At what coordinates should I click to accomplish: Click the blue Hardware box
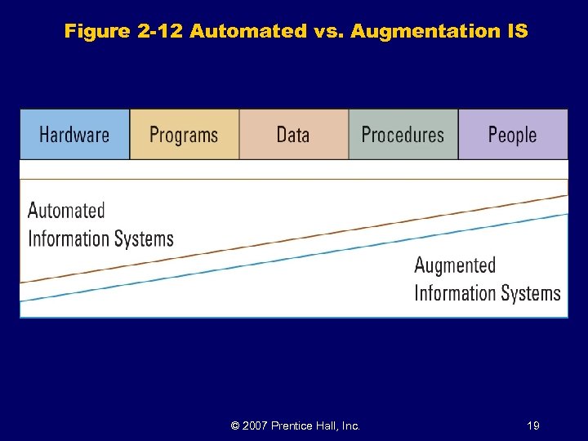pos(75,134)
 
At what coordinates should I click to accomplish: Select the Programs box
pos(185,134)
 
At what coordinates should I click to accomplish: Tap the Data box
pos(293,134)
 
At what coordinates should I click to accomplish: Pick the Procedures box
pos(403,134)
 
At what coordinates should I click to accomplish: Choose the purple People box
pos(512,134)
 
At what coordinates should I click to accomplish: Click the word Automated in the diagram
pos(66,211)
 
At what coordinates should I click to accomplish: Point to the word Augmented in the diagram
pos(455,265)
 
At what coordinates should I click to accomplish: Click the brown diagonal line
pos(294,238)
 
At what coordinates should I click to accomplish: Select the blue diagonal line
pos(294,257)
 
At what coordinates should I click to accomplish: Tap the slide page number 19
pos(533,425)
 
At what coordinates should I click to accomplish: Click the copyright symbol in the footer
pos(235,425)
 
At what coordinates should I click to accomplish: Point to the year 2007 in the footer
pos(256,425)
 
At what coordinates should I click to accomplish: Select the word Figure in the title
pos(96,32)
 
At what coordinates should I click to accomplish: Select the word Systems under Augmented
pos(522,293)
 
